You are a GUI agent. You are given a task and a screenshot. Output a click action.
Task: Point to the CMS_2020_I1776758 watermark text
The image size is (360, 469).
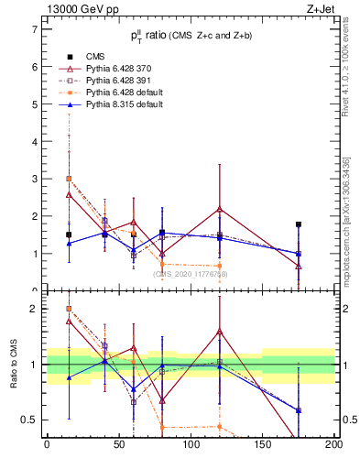(191, 274)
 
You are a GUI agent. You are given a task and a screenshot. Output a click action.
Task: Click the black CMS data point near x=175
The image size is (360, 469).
(299, 224)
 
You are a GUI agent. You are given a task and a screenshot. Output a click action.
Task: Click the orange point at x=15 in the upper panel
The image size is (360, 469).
(69, 179)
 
